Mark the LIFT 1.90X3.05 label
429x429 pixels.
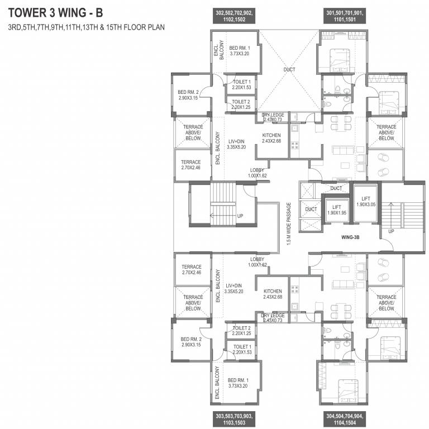click(366, 201)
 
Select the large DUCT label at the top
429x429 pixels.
click(289, 70)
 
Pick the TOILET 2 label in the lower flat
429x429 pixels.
click(241, 331)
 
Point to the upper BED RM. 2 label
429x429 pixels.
click(189, 95)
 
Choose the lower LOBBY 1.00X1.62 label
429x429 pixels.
click(258, 262)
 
